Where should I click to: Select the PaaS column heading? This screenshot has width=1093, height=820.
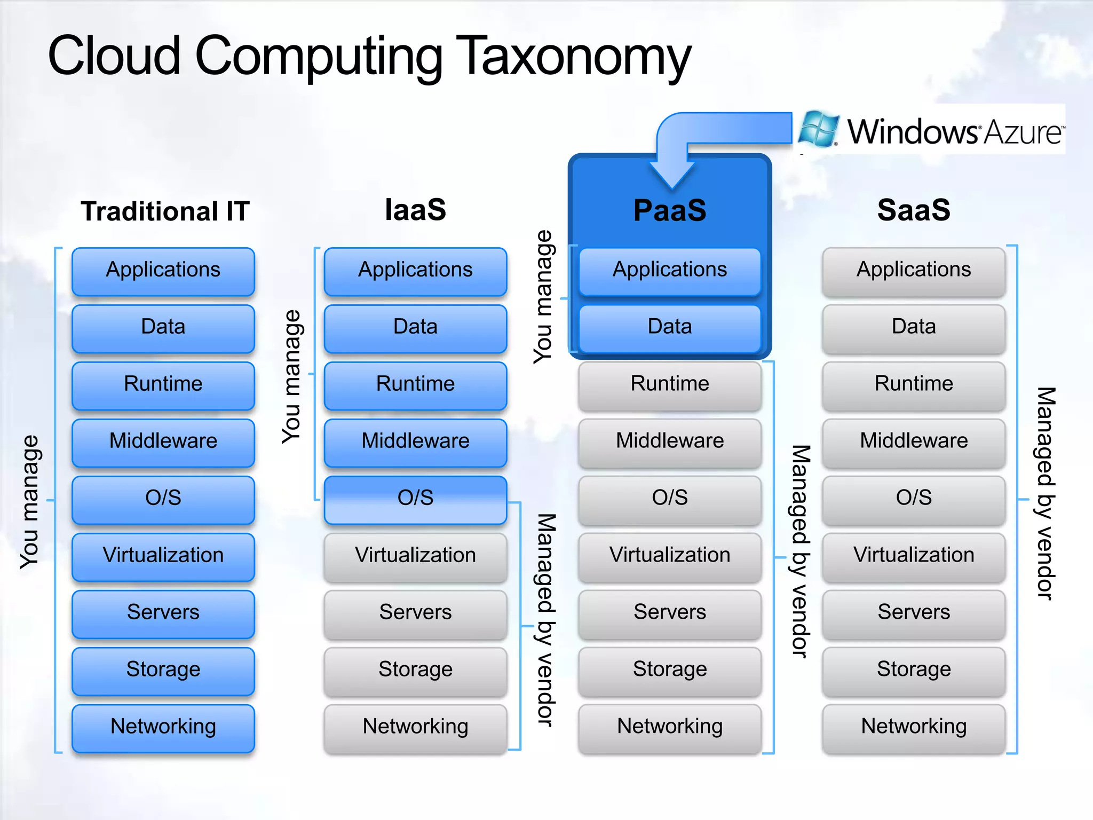tap(670, 210)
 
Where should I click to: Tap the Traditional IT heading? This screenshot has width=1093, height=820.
tap(165, 211)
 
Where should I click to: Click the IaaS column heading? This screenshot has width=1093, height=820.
tap(415, 209)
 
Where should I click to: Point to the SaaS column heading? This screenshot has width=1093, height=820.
tap(914, 210)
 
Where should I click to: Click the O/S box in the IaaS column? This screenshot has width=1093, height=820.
tap(415, 498)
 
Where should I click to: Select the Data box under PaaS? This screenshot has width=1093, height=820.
tap(670, 327)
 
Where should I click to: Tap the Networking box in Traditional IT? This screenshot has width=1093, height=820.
tap(163, 727)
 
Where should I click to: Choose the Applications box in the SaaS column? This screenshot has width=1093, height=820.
tap(914, 270)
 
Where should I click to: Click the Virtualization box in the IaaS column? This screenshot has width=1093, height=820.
tap(415, 555)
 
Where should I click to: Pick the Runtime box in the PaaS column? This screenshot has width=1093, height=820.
tap(670, 384)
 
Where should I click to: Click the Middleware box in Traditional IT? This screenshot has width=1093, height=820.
tap(163, 441)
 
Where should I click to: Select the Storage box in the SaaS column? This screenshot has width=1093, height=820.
tap(914, 669)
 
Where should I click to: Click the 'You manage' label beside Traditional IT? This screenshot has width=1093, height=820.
tap(30, 502)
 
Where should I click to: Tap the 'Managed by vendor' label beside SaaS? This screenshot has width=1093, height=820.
tap(1046, 494)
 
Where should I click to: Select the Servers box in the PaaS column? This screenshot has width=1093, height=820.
tap(670, 612)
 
